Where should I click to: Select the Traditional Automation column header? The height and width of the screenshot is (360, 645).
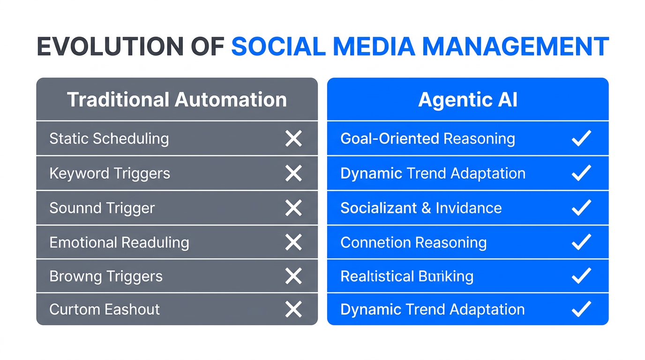pyautogui.click(x=177, y=100)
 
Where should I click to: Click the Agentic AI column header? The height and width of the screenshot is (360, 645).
pyautogui.click(x=467, y=100)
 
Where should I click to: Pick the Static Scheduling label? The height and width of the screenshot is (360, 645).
pyautogui.click(x=109, y=139)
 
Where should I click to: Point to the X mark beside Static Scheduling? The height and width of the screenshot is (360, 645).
pyautogui.click(x=293, y=139)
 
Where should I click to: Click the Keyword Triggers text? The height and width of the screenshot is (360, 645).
pyautogui.click(x=110, y=173)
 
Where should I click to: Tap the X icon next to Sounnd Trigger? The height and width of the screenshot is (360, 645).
pyautogui.click(x=293, y=208)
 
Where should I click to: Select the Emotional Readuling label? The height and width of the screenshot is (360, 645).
pyautogui.click(x=119, y=242)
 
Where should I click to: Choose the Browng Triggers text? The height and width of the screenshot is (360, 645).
pyautogui.click(x=106, y=277)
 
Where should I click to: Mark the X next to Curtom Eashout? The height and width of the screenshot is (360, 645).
pyautogui.click(x=293, y=309)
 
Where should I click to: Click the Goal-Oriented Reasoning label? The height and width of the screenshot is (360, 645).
pyautogui.click(x=427, y=139)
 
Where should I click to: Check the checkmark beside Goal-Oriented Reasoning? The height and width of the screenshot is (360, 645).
pyautogui.click(x=581, y=139)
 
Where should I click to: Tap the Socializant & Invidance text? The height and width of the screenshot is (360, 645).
pyautogui.click(x=421, y=208)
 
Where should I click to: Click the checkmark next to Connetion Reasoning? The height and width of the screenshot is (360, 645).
pyautogui.click(x=581, y=242)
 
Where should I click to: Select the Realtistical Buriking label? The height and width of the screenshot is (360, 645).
pyautogui.click(x=407, y=277)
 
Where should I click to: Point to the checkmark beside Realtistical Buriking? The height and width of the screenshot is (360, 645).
pyautogui.click(x=581, y=277)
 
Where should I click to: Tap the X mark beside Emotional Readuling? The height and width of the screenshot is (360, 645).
pyautogui.click(x=293, y=242)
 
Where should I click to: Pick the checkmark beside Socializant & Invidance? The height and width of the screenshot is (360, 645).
pyautogui.click(x=581, y=208)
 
